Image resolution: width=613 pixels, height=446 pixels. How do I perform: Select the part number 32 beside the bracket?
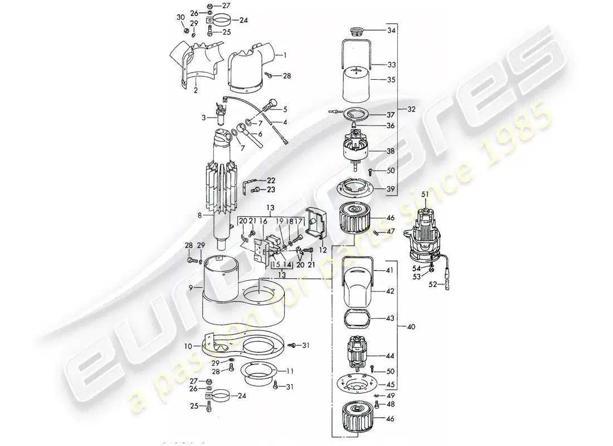pos(411,109)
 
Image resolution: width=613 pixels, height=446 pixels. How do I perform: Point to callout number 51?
pos(425,194)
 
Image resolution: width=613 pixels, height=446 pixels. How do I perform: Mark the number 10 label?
pos(188,346)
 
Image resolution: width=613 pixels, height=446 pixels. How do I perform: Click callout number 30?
pos(180,18)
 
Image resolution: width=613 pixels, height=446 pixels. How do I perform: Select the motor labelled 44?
pos(354,356)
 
